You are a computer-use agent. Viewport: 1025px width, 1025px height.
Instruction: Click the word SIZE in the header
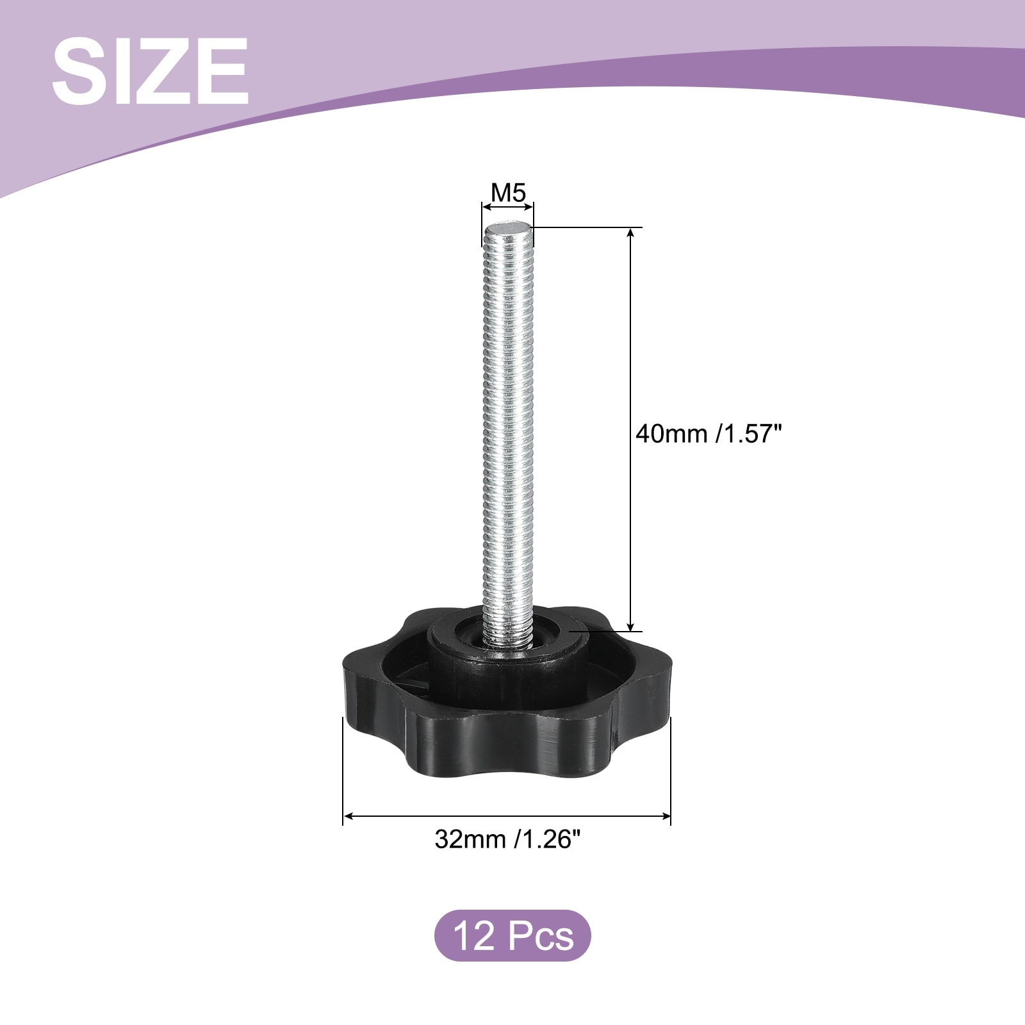click(151, 70)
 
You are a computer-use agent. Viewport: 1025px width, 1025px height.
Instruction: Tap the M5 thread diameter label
click(508, 192)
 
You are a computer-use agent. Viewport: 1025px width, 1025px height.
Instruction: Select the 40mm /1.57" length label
click(709, 434)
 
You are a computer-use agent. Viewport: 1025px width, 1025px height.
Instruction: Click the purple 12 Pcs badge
click(512, 935)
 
